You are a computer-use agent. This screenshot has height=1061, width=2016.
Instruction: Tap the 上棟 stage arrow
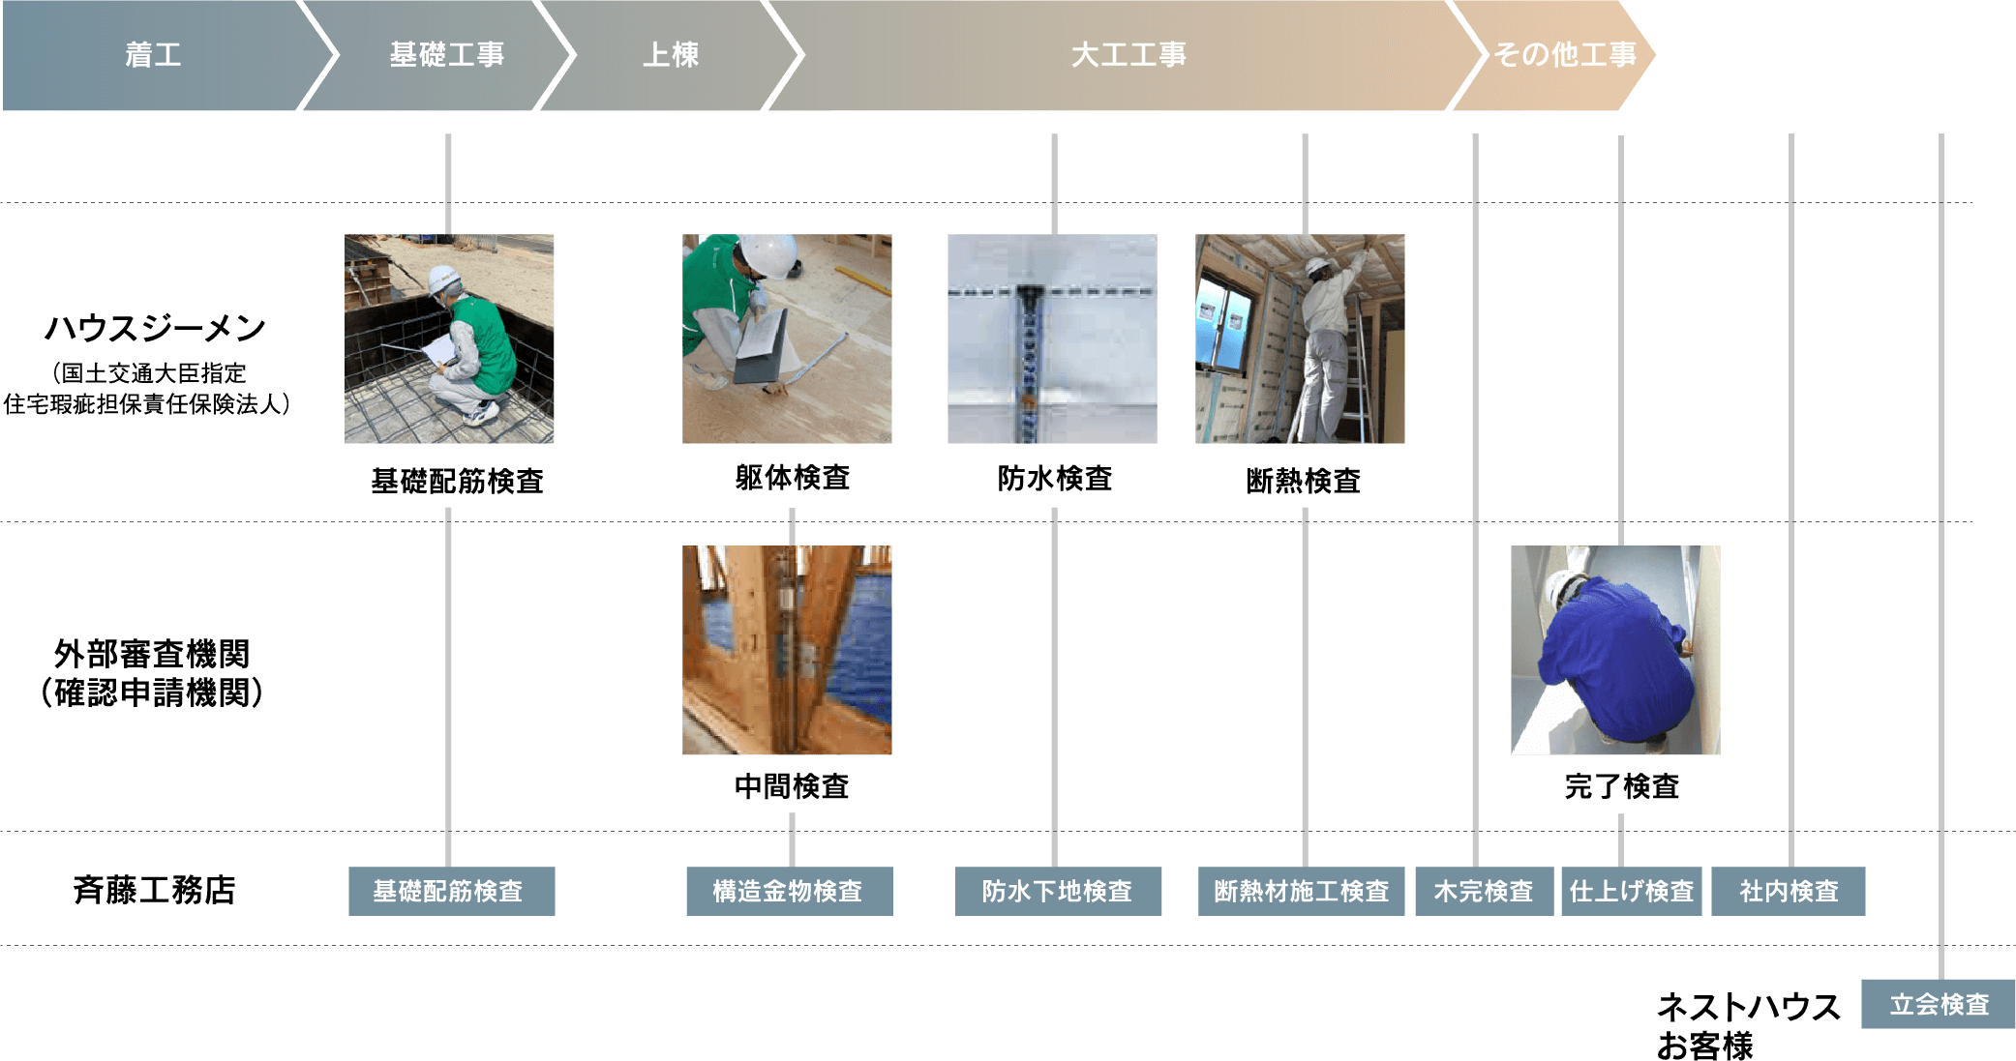[x=671, y=55]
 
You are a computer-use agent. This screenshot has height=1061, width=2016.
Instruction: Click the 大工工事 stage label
[x=1128, y=55]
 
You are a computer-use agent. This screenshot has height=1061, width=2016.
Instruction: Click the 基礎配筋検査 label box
[x=451, y=891]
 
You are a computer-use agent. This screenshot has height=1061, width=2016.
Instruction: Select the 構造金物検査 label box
[x=789, y=891]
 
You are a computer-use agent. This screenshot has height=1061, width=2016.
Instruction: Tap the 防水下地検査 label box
[x=1058, y=891]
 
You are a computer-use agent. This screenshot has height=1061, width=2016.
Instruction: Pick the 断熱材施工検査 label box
[x=1301, y=891]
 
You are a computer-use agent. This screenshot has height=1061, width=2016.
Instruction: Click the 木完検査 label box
[x=1484, y=891]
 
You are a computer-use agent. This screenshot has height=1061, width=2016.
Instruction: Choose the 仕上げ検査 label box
[x=1631, y=891]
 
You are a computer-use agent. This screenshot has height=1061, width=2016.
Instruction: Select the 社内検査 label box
[x=1788, y=891]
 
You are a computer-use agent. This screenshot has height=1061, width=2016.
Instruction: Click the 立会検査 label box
[x=1938, y=1004]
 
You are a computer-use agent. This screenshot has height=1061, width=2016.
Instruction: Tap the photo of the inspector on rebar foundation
[x=449, y=339]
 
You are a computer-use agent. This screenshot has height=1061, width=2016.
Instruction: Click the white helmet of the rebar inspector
[x=442, y=278]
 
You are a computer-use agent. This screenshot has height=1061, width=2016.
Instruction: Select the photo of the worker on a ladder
[x=1300, y=339]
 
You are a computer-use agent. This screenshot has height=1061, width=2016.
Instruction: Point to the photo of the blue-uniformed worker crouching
[x=1615, y=650]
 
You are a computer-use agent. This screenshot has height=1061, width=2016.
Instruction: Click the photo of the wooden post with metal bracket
[x=787, y=650]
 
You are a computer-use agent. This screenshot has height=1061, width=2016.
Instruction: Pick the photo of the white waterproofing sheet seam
[x=1052, y=339]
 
